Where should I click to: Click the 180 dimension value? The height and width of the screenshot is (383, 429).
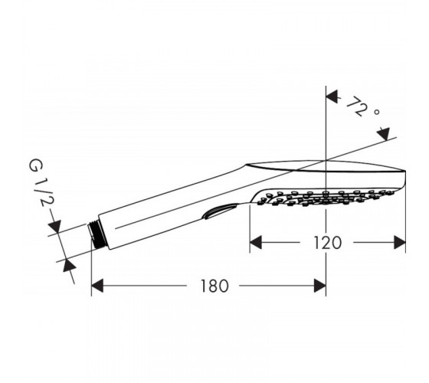point(215,286)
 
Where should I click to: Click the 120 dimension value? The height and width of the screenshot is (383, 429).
point(327,243)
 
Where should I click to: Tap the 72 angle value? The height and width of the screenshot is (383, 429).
point(355,106)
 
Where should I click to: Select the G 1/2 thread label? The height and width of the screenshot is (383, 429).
point(42,184)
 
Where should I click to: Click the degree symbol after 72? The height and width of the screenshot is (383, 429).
point(377,112)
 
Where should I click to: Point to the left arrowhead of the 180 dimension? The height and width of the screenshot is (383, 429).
point(97,286)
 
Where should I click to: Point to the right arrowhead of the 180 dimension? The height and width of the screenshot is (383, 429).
point(320,286)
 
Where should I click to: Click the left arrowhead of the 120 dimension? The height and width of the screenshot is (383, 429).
point(256,242)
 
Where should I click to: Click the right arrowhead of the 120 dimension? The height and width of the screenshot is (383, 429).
point(399,242)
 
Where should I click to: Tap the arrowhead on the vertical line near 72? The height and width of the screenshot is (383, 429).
point(332,97)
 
